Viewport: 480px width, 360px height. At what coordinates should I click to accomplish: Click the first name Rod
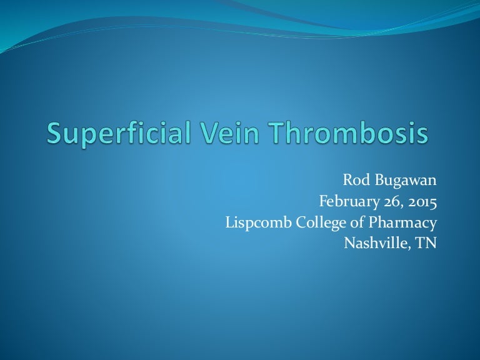(x=354, y=181)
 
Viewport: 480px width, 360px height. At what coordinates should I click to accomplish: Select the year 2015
(x=421, y=202)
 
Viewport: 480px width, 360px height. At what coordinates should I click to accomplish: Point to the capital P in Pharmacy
(x=381, y=222)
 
